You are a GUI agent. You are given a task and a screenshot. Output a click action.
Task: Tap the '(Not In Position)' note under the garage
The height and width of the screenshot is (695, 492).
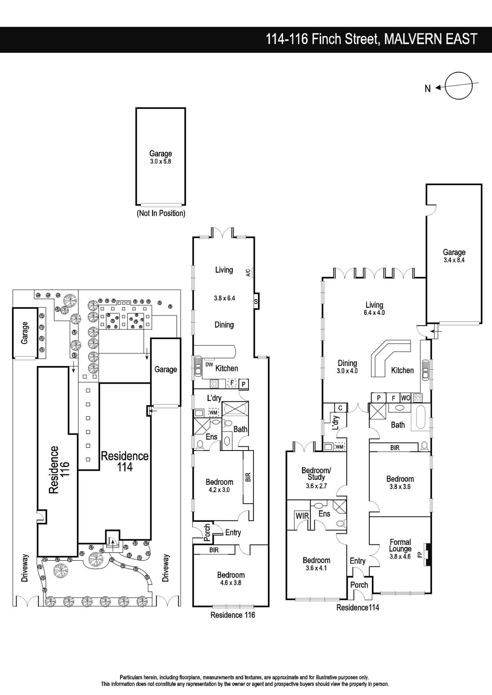[161, 213]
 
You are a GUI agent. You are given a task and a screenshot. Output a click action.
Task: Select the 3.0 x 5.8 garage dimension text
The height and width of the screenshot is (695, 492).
[161, 162]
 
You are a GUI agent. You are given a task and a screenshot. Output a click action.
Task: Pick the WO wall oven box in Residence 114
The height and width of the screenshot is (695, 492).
[405, 398]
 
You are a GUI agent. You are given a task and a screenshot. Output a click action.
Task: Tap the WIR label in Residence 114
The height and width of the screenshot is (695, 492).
[302, 516]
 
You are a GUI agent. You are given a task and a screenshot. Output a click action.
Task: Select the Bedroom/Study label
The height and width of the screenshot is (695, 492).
[316, 474]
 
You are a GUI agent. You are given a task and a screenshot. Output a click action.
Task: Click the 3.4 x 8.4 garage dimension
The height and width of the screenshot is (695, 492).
[454, 260]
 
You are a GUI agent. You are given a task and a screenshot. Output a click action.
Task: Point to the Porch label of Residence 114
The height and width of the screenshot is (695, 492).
[359, 585]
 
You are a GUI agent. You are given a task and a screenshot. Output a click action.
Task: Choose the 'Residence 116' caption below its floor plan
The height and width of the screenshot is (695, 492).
[232, 615]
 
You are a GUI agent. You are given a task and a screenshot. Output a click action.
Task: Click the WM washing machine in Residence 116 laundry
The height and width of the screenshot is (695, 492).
[213, 412]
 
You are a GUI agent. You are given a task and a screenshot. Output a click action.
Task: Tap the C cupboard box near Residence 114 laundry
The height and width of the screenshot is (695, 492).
[340, 408]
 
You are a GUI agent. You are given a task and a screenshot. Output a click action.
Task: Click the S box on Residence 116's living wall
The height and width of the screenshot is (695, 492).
[256, 301]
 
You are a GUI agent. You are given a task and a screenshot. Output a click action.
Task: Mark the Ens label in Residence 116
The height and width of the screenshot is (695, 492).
[212, 437]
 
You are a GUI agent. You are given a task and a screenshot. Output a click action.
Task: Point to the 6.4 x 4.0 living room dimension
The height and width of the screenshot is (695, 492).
[374, 313]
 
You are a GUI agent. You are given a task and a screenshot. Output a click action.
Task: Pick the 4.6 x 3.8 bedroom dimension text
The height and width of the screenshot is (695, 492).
[231, 583]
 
